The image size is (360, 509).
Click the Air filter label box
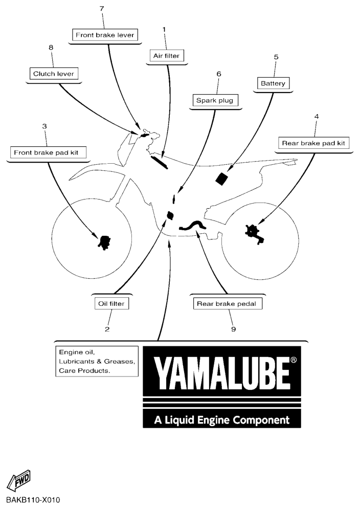click(167, 56)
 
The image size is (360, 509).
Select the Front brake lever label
click(105, 35)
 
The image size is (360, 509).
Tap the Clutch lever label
click(54, 74)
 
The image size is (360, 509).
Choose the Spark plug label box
click(215, 100)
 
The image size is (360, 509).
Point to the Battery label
click(273, 83)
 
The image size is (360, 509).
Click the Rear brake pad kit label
click(313, 143)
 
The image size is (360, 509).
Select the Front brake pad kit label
click(46, 152)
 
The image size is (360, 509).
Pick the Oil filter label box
click(111, 303)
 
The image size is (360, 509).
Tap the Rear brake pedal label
click(227, 303)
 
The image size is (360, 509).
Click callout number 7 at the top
click(102, 9)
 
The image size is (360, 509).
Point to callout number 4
click(317, 116)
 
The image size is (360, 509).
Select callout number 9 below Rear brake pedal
click(233, 329)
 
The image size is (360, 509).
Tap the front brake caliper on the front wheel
click(105, 242)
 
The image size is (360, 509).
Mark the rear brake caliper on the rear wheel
click(255, 234)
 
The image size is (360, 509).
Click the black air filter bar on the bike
click(160, 162)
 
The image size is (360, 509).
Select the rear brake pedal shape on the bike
click(192, 225)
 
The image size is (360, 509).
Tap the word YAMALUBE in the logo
click(221, 373)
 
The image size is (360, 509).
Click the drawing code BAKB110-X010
click(33, 500)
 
